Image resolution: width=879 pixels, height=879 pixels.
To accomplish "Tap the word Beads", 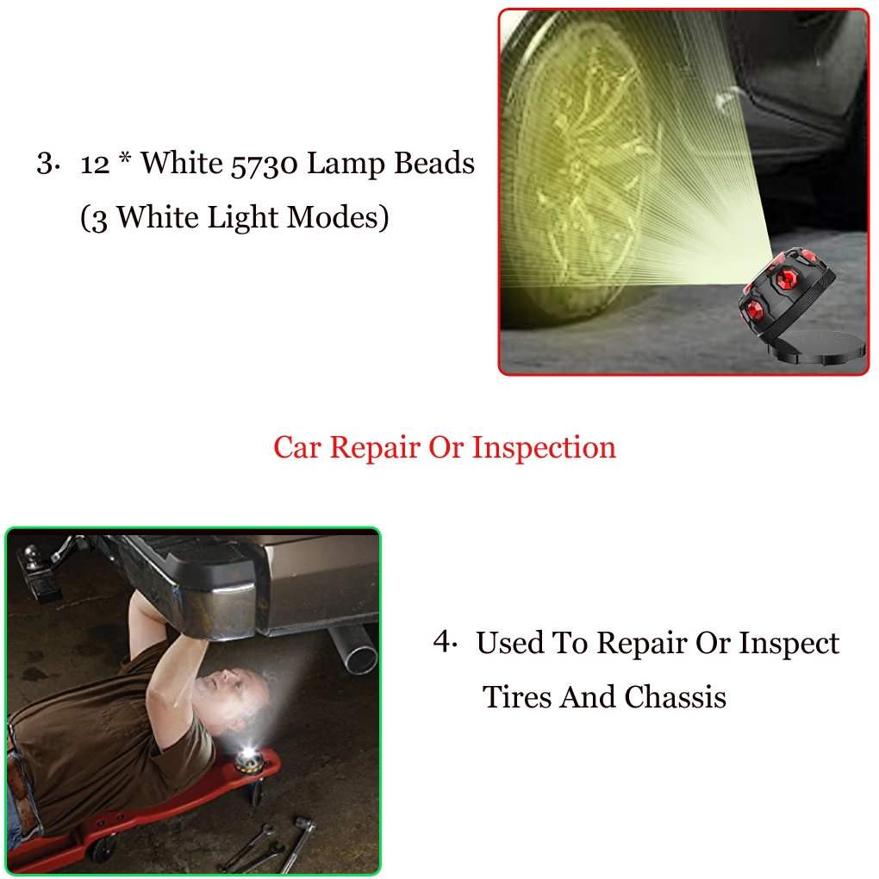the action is pos(434,163).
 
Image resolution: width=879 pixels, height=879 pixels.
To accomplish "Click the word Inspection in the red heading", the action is pos(544,448).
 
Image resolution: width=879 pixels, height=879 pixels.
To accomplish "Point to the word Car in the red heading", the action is pos(297,448).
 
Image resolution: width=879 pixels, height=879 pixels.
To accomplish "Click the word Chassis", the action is pos(675,697).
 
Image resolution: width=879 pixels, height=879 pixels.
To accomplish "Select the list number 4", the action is pos(445,641).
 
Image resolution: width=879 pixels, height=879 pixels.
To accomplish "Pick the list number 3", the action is pos(47,163).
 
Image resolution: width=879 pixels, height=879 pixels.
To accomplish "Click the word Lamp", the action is pos(346,165).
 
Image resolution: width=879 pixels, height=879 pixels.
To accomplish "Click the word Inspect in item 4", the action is pos(789,644).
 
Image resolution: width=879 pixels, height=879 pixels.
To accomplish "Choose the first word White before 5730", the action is pos(182,163).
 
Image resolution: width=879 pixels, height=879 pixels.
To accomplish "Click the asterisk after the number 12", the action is pos(125,158).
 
